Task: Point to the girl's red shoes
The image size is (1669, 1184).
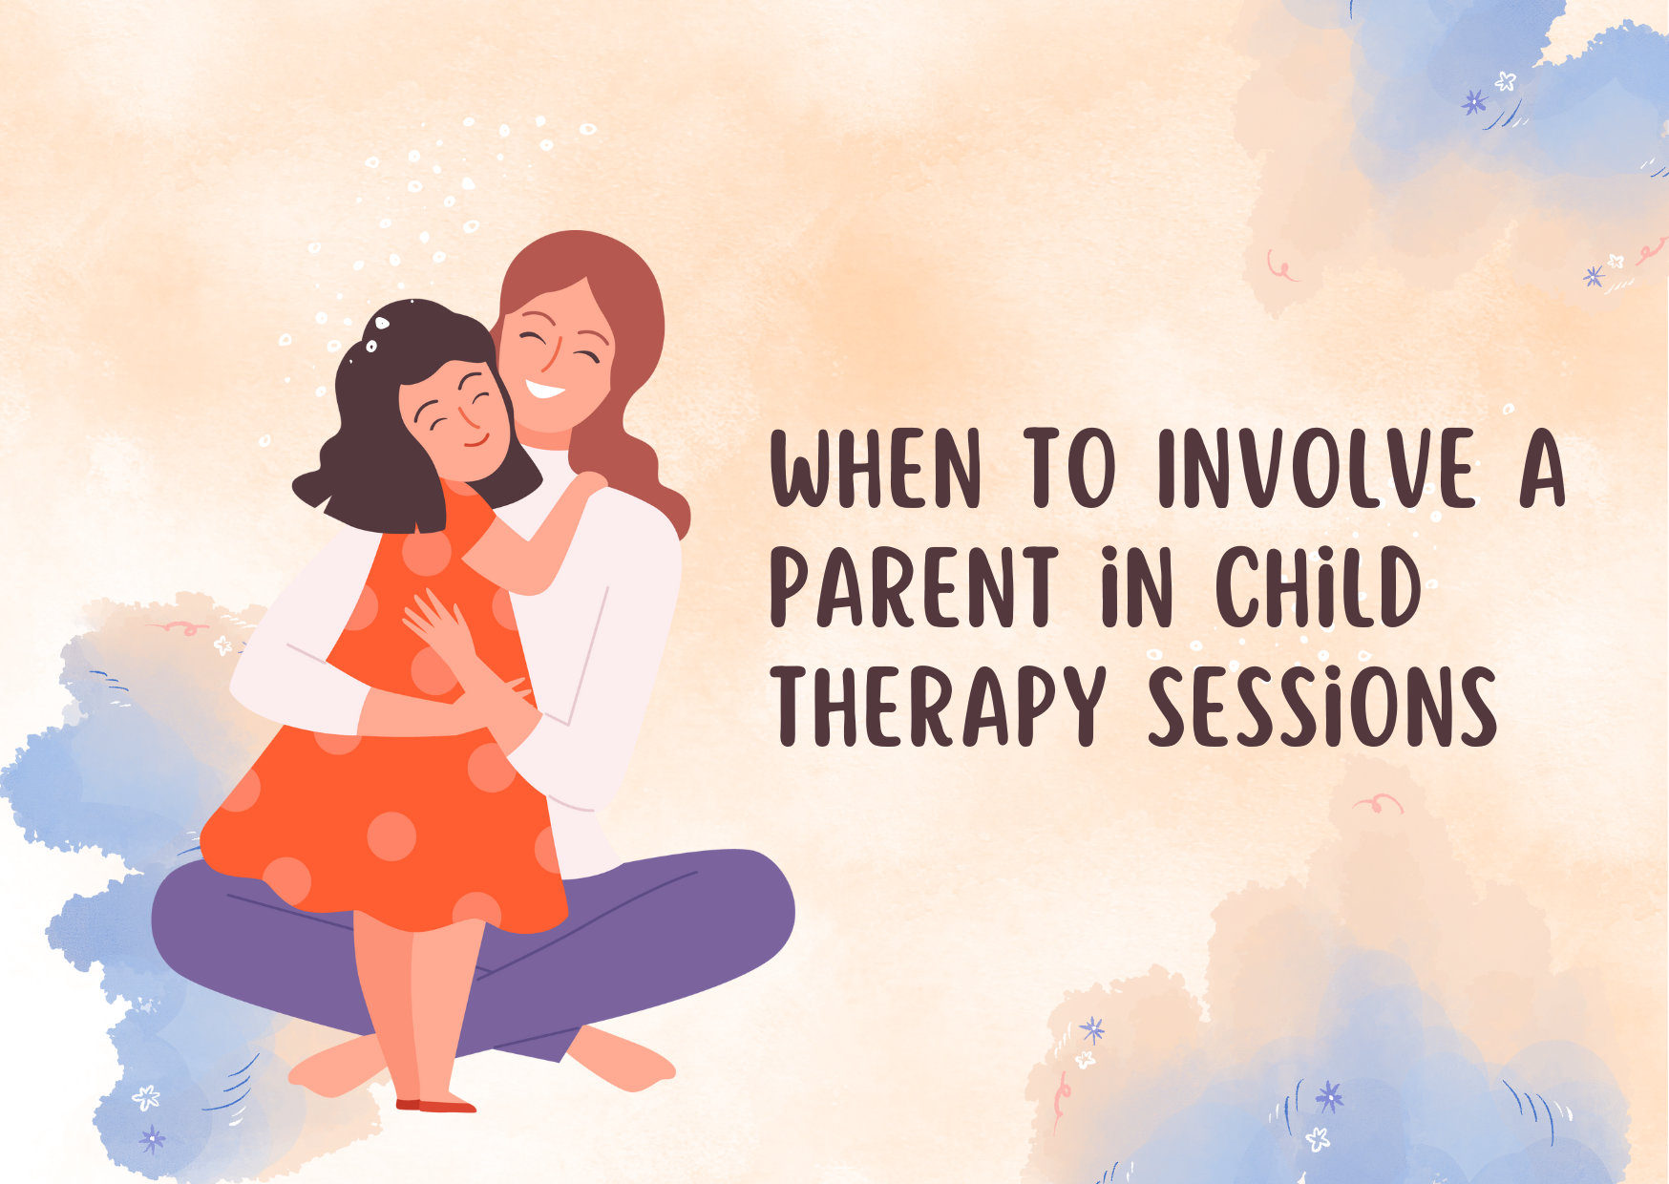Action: click(x=436, y=1105)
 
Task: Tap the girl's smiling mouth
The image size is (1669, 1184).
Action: click(x=476, y=442)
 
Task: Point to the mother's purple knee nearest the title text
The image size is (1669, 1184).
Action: click(x=754, y=907)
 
